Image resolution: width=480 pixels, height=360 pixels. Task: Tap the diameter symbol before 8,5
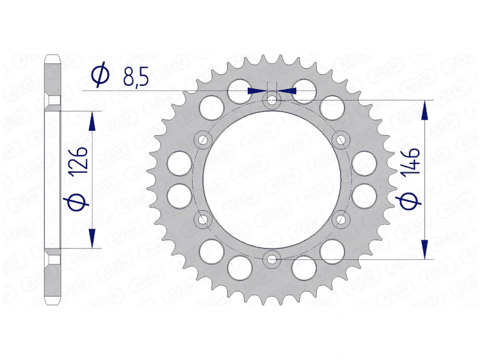click(100, 76)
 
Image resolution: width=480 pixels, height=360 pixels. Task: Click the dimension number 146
click(411, 161)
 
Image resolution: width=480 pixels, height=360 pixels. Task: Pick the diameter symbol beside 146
click(411, 201)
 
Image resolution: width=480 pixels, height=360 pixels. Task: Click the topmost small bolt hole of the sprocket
click(273, 101)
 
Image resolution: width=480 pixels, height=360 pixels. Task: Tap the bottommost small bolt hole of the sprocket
click(273, 259)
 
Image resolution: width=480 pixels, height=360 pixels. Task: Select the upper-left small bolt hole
click(204, 140)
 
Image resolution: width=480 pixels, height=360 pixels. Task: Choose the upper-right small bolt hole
click(341, 140)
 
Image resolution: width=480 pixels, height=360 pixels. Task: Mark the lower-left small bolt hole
click(204, 220)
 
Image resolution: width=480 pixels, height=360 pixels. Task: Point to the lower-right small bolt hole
click(341, 220)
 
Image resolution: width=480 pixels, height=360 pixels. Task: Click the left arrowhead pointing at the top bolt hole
click(256, 91)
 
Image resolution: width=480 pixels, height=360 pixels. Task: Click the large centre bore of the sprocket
click(273, 179)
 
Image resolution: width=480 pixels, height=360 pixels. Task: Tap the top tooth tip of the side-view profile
click(52, 60)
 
